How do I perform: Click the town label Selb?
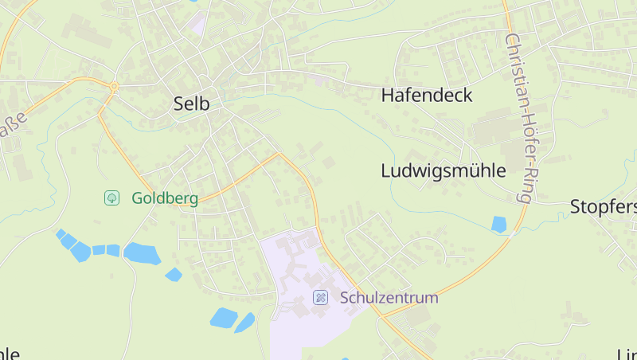pos(191,103)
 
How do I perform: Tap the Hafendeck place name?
pos(427,96)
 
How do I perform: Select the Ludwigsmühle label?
pos(444,170)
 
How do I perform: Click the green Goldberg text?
pos(165,198)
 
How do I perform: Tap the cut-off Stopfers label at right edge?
pos(604,208)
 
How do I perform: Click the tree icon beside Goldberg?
pos(112,198)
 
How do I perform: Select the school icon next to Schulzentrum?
pos(320,298)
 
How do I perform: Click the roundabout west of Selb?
pos(114,85)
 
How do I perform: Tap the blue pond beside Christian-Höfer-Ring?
pos(499,225)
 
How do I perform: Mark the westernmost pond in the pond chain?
pos(61,233)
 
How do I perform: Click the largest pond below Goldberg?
pos(142,253)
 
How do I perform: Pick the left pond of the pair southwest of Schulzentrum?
pos(223,318)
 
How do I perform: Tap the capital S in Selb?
pos(179,103)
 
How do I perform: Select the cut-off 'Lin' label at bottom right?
pos(627,354)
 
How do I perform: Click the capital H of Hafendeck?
pos(388,96)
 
